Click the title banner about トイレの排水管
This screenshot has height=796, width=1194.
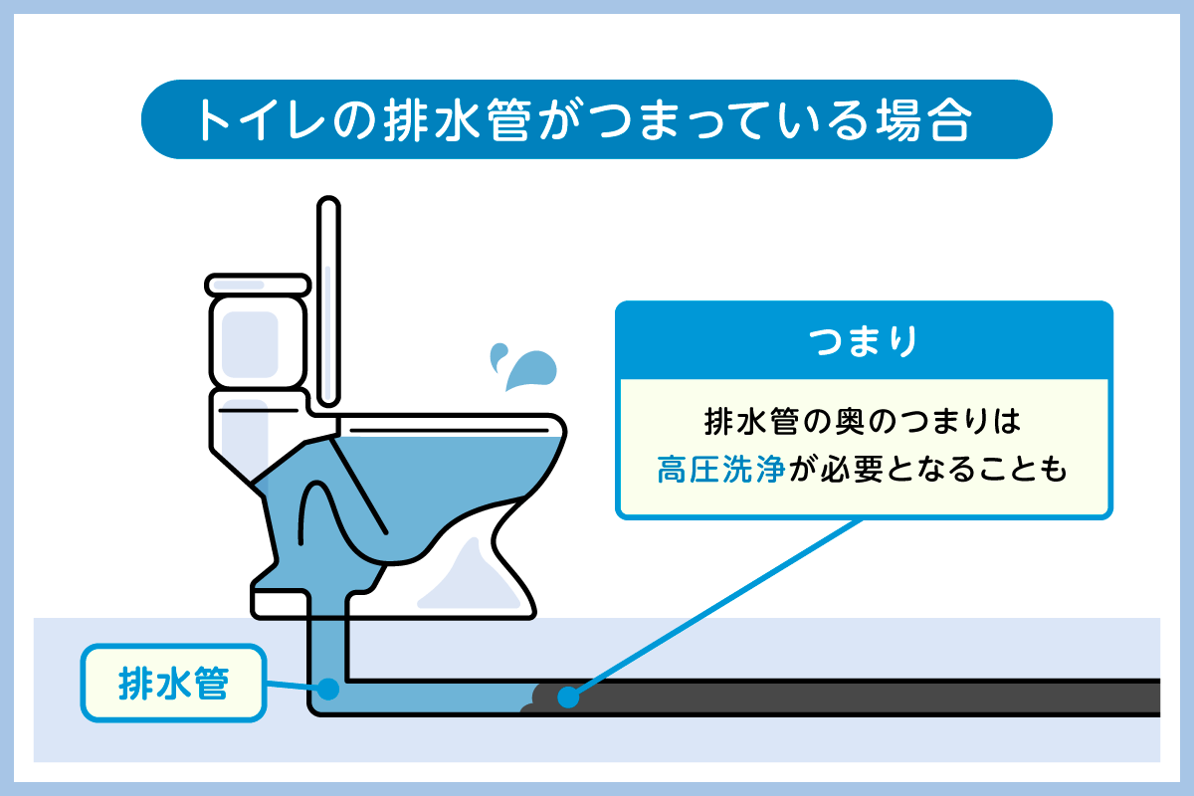click(597, 119)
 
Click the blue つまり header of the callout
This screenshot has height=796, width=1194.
click(863, 341)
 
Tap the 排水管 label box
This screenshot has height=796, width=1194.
click(174, 684)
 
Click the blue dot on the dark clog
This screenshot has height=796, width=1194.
click(567, 696)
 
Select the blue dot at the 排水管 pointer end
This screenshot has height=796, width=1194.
click(327, 688)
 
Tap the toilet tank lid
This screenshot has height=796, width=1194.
click(256, 284)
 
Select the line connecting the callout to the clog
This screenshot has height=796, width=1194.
click(716, 607)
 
